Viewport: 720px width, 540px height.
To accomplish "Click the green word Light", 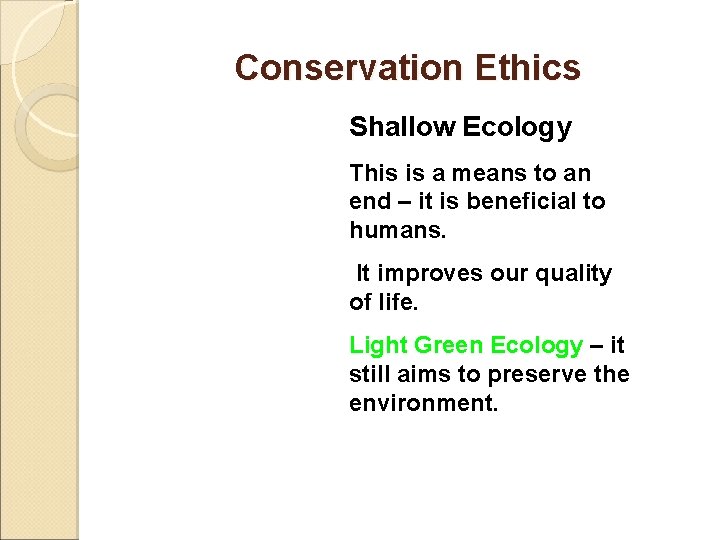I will click(378, 346).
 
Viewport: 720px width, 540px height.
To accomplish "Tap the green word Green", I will click(448, 346).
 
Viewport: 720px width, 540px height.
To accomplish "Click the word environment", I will click(422, 403).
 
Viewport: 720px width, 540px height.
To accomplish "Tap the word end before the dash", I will click(368, 201).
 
